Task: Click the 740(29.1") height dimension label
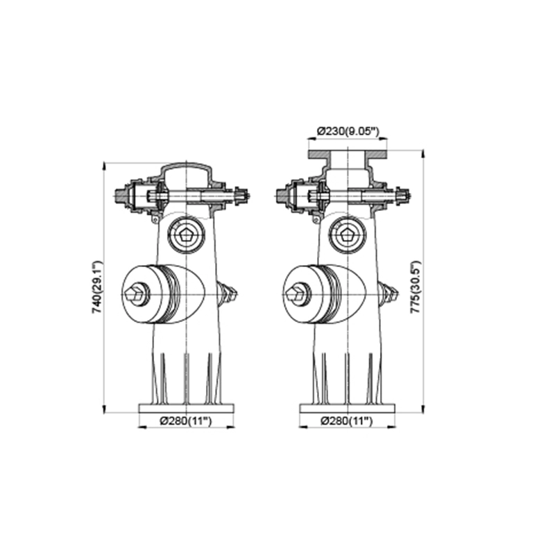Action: (96, 287)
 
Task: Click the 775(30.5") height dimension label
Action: (415, 287)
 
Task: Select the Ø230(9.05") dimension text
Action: (348, 131)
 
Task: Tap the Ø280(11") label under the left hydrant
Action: (186, 421)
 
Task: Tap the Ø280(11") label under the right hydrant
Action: (347, 421)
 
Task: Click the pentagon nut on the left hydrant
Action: (187, 235)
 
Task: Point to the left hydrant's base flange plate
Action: (187, 409)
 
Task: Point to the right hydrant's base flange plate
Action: (348, 409)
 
